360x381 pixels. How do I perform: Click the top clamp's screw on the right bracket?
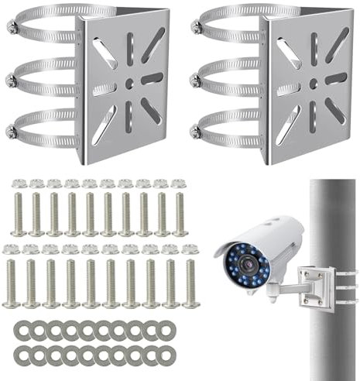tap(196, 28)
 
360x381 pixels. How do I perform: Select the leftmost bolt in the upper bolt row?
tap(19, 213)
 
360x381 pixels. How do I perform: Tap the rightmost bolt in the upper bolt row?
tap(180, 213)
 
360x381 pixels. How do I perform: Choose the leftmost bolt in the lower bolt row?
tap(12, 283)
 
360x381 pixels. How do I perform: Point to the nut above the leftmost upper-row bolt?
tap(19, 184)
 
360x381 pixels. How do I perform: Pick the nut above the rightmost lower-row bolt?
tap(190, 249)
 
